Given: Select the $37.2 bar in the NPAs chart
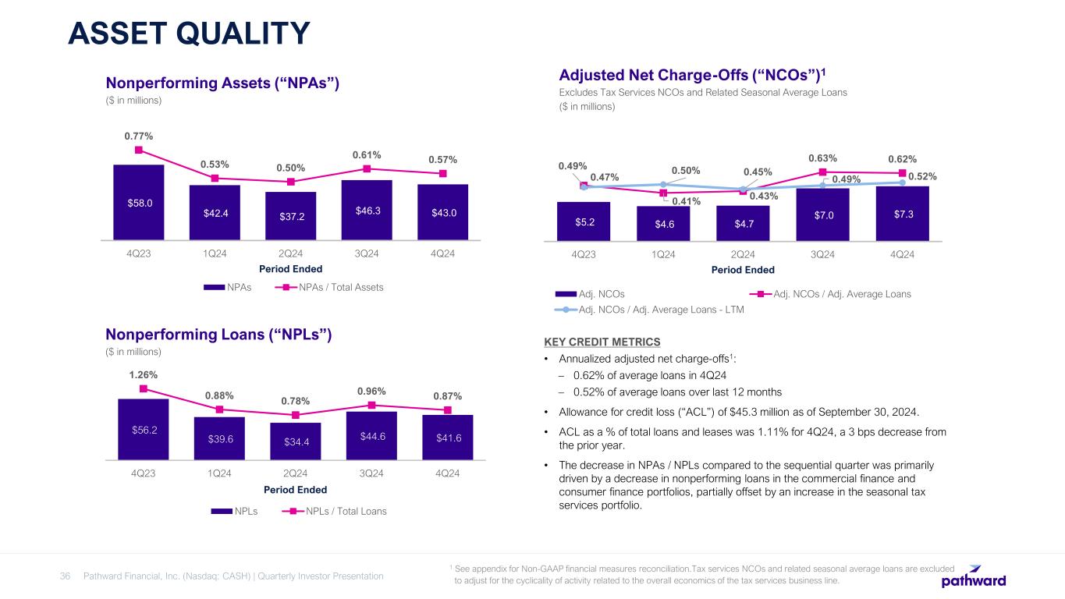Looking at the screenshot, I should [290, 215].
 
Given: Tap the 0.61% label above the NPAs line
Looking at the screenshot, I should [366, 154].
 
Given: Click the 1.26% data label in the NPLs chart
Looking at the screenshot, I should [143, 374].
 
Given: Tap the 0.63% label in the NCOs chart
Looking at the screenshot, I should [822, 158].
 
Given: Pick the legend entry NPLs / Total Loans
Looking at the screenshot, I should [343, 512].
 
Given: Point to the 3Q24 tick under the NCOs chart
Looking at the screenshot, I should [822, 253].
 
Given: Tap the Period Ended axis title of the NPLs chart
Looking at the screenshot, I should [295, 490].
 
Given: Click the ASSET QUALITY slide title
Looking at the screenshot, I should [188, 34].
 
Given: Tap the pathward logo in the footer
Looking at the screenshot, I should [973, 577].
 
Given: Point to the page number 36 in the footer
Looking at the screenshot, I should [66, 576].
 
